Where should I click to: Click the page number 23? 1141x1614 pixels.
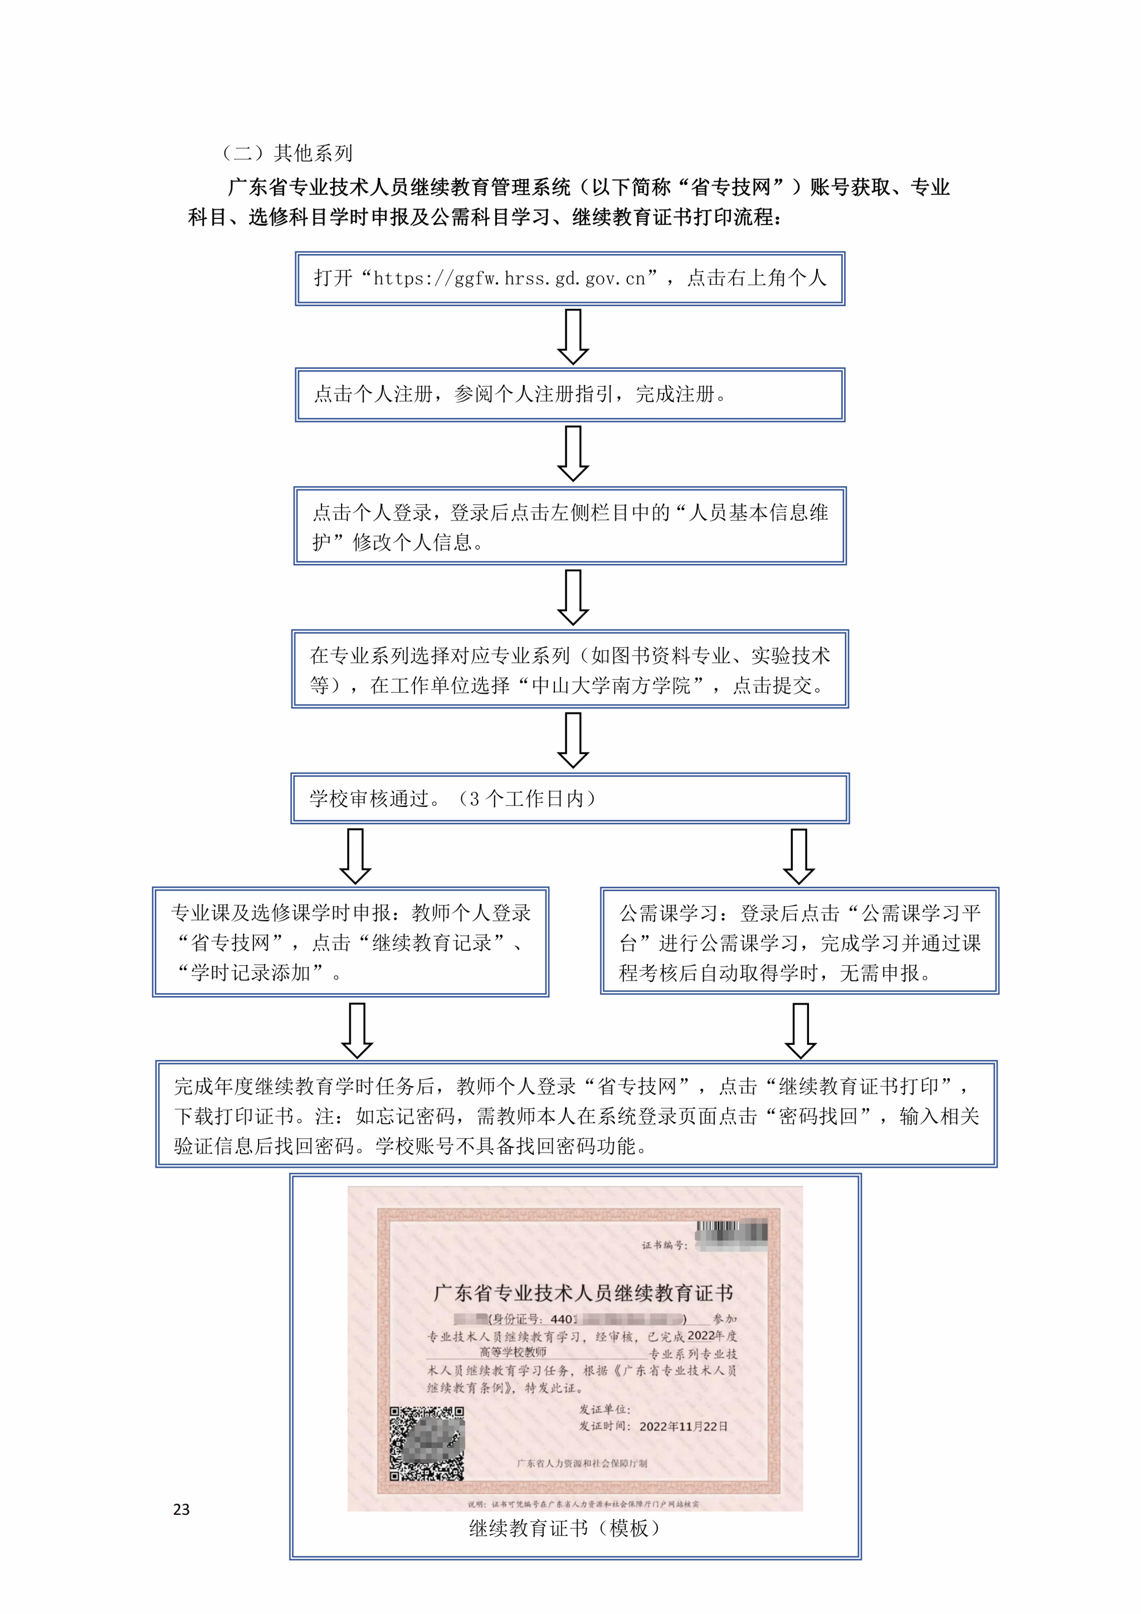[x=181, y=1509]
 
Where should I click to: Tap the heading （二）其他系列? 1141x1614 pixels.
[x=287, y=153]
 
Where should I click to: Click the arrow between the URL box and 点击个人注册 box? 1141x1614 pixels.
[x=573, y=337]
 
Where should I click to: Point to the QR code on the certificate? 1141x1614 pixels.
[x=426, y=1443]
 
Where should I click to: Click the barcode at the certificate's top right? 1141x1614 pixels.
[x=732, y=1230]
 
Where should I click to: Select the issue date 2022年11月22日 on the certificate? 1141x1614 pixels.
[x=683, y=1426]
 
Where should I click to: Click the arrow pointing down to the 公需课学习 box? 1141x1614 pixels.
[x=799, y=855]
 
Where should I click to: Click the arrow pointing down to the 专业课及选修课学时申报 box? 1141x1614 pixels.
[x=355, y=855]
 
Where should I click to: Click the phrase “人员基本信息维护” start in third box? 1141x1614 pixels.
[x=759, y=513]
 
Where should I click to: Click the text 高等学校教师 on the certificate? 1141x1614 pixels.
[x=513, y=1352]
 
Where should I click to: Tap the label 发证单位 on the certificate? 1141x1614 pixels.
[x=605, y=1409]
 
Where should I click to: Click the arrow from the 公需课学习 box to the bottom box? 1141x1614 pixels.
[x=800, y=1030]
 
